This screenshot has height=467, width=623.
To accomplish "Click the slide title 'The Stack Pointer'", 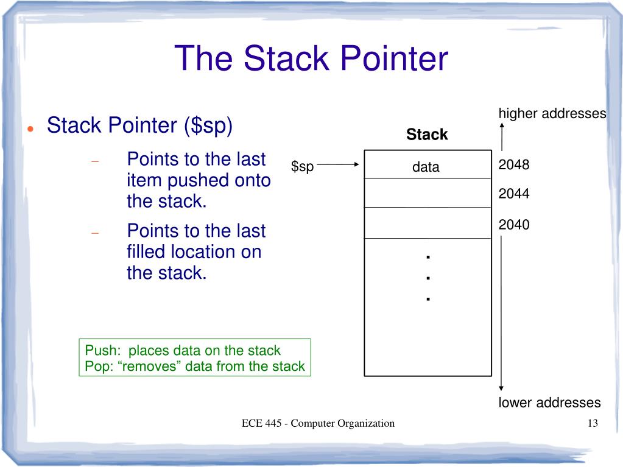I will (x=311, y=59).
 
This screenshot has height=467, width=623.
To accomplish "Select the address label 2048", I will (x=513, y=165).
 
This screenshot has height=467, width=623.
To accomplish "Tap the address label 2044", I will (x=513, y=194).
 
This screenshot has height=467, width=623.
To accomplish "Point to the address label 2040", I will (x=513, y=225).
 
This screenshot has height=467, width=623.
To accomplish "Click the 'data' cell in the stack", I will (x=426, y=167).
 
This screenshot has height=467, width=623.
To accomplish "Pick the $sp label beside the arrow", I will (x=302, y=167).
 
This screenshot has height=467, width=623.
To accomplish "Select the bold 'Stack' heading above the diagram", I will (x=427, y=135).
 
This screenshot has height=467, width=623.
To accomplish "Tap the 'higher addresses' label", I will (x=552, y=114).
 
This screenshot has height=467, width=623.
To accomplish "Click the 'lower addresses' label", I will (x=549, y=402).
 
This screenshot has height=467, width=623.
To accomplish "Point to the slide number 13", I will (x=593, y=424).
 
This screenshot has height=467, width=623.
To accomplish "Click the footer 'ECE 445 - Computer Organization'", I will (x=318, y=424).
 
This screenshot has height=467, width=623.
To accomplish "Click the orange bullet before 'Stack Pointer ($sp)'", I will (x=30, y=128).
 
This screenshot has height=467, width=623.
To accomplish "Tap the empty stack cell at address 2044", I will (x=428, y=193).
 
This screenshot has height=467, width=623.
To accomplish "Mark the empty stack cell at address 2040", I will (x=428, y=223).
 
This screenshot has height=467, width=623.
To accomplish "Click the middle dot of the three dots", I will (x=429, y=278).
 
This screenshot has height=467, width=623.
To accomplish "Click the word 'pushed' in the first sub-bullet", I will (x=199, y=181).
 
